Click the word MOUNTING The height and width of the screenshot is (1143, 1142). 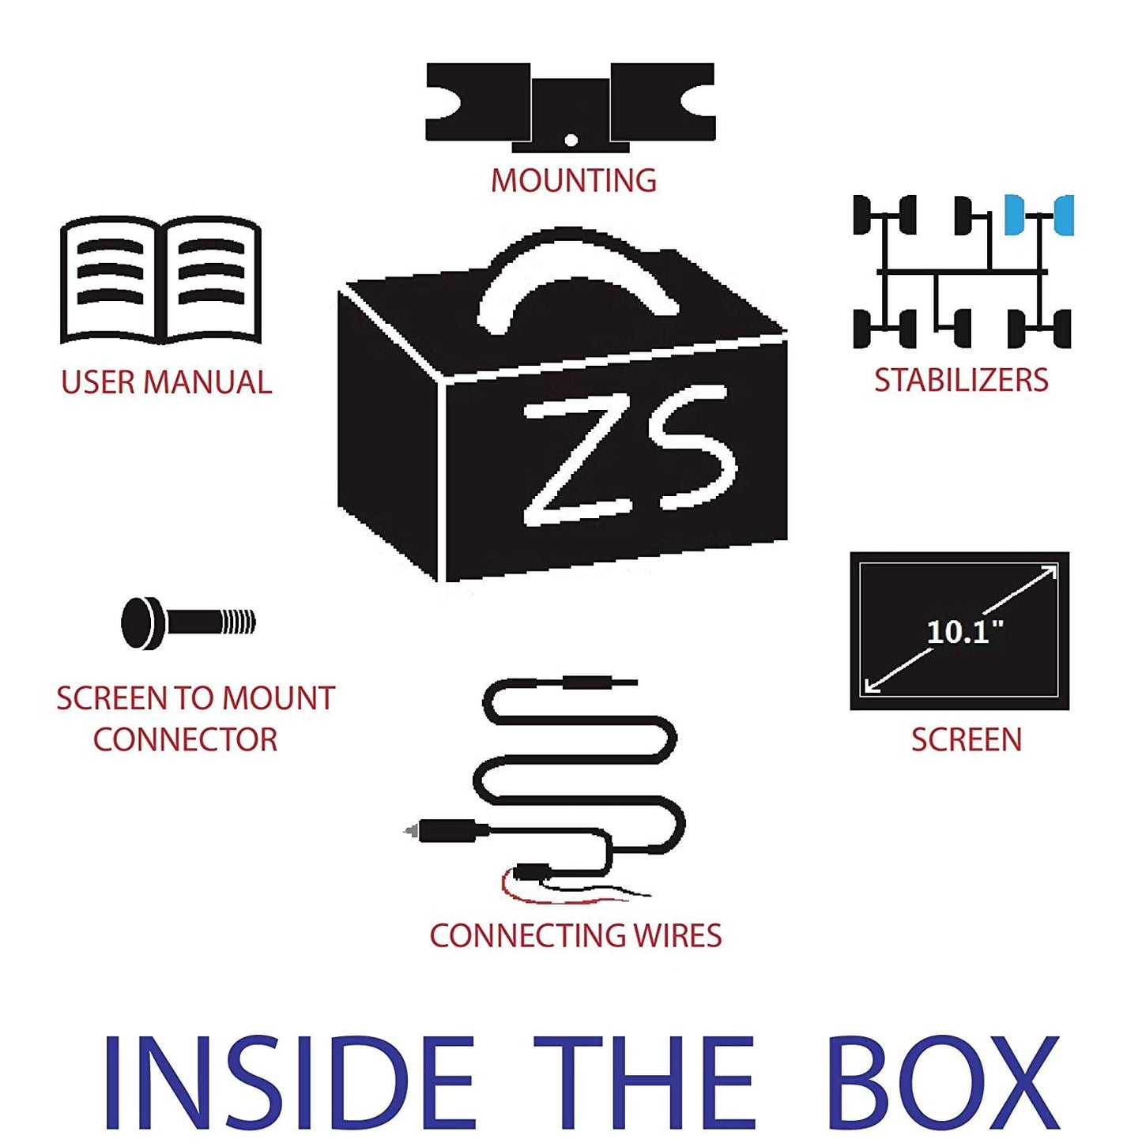(574, 180)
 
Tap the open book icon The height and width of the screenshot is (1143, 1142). (161, 280)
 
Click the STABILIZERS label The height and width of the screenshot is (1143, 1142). (961, 380)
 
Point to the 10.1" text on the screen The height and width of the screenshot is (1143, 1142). (959, 632)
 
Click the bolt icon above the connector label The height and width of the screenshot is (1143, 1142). (188, 622)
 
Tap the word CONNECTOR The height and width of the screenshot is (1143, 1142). (185, 739)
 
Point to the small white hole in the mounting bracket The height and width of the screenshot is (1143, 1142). (571, 141)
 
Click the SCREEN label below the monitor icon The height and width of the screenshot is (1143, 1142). (967, 739)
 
